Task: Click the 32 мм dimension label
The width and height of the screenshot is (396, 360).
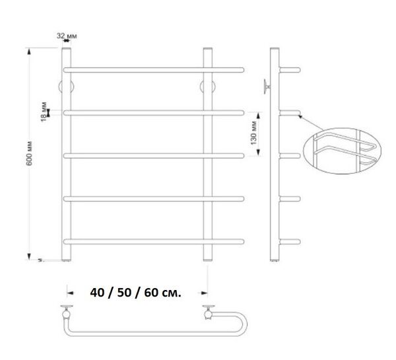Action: coord(67,36)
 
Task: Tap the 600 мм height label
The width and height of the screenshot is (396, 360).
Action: coord(29,153)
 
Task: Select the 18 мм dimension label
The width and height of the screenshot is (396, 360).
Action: coord(44,111)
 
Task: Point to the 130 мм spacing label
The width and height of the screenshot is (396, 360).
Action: coord(253,133)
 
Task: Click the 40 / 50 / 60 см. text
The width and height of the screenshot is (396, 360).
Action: coord(135,293)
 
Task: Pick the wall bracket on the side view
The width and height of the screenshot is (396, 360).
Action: coord(267,87)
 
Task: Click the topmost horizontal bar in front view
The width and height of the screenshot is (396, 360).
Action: coord(154,70)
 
